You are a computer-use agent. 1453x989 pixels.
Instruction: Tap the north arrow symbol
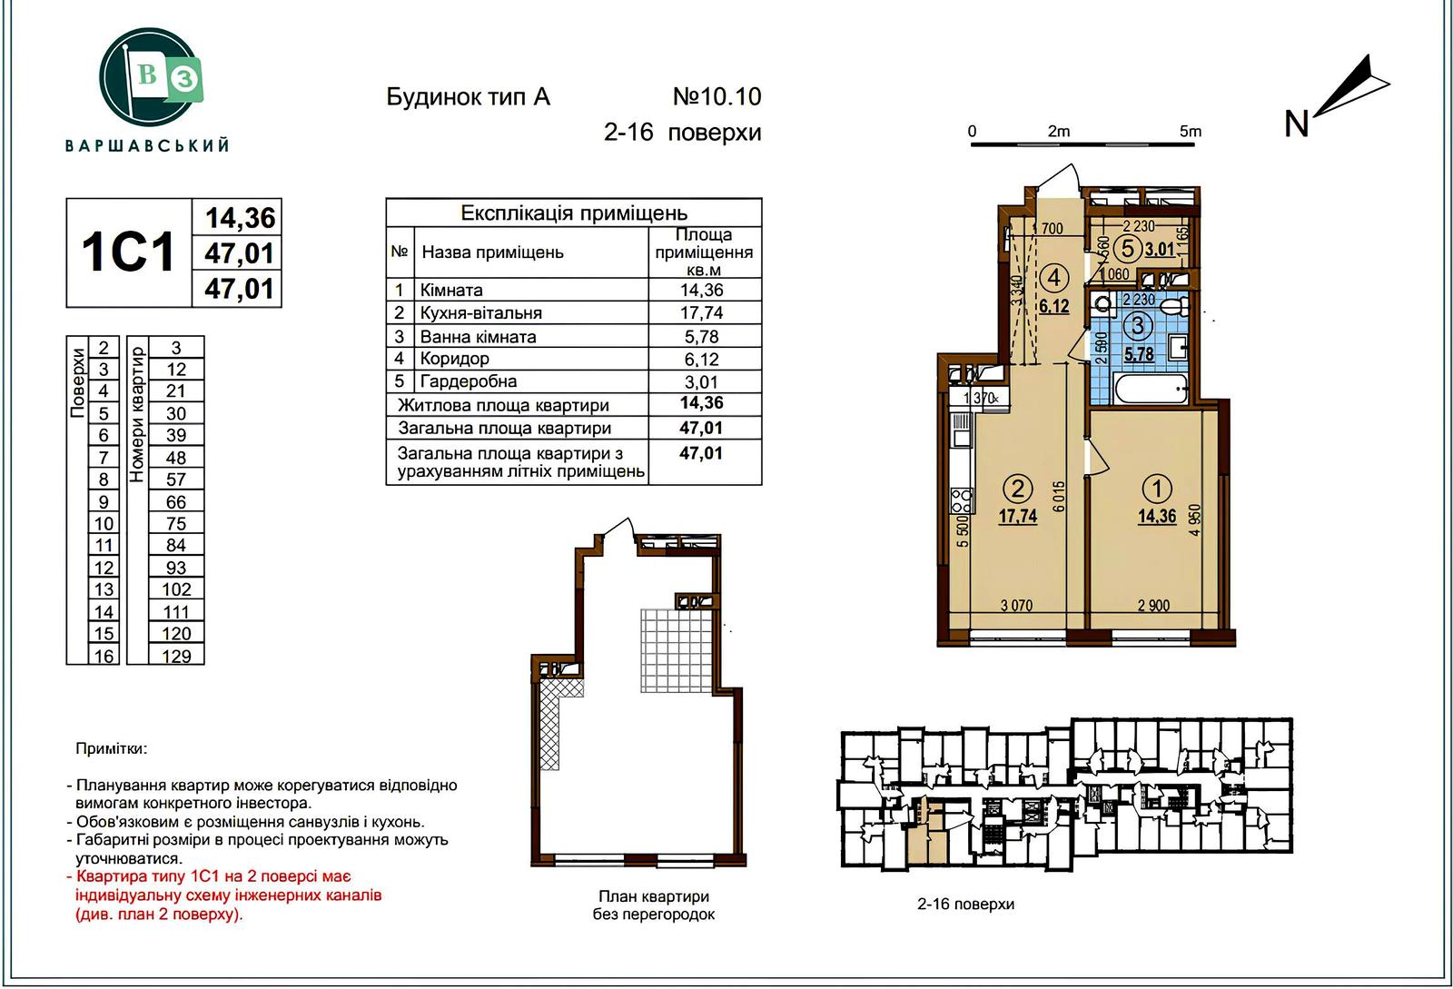[1350, 94]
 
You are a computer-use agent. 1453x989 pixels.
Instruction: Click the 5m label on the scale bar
[1190, 131]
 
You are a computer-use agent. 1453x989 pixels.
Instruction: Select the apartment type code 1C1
[128, 252]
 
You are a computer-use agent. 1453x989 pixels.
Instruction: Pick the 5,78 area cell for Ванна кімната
[701, 337]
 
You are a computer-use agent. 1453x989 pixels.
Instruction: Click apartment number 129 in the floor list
[176, 656]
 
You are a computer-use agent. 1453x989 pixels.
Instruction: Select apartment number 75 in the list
[176, 523]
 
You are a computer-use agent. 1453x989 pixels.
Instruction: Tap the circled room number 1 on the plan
[1157, 489]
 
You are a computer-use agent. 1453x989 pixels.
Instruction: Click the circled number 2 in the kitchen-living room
[1017, 489]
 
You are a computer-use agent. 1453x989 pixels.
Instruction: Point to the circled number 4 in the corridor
[1054, 278]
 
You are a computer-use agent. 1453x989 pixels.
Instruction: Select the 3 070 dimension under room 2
[1016, 606]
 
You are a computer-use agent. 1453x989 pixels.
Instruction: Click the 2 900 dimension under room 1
[1153, 606]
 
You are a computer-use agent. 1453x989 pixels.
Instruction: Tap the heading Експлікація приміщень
[573, 213]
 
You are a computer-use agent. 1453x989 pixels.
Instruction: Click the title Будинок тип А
[469, 97]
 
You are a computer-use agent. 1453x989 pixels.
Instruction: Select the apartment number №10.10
[717, 96]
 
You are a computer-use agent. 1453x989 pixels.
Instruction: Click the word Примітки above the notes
[112, 749]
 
